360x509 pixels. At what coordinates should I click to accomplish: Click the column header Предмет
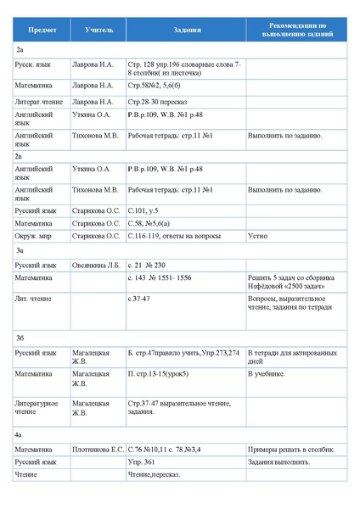pos(42,30)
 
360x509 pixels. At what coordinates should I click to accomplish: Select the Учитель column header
pos(98,30)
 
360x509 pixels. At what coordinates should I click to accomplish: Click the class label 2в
pos(20,156)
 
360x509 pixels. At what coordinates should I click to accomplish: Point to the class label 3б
pos(20,338)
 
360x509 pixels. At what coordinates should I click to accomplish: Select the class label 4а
pos(19,434)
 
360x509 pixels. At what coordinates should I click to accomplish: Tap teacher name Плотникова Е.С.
pos(98,449)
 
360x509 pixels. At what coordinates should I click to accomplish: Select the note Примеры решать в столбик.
pos(291,449)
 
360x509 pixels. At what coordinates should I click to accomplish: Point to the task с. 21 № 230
pos(146,266)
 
